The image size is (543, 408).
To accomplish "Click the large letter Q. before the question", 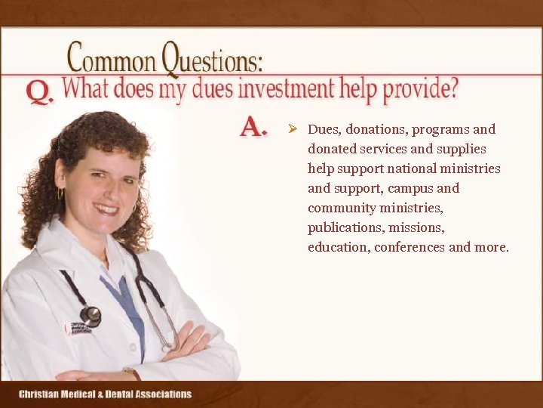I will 39,92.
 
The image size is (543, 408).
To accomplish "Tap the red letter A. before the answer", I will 253,127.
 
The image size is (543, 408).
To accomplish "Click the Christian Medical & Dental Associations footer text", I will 105,394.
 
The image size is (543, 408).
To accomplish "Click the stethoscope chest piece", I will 90,317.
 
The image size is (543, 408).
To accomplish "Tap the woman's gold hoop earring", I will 61,194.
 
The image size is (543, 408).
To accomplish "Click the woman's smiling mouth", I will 106,207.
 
